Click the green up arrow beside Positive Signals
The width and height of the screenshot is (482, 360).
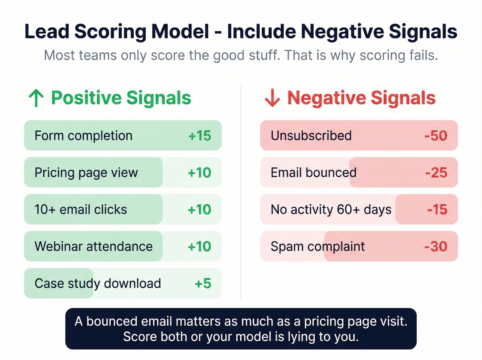36,98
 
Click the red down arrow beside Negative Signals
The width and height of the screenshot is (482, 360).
272,98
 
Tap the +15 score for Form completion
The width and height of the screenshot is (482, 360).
200,136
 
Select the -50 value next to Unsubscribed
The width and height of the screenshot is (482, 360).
436,136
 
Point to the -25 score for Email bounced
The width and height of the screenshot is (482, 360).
436,173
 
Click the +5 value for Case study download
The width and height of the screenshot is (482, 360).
203,284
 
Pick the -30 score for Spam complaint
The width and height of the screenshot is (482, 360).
436,247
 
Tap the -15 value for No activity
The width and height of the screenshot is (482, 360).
437,209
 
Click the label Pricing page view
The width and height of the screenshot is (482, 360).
86,173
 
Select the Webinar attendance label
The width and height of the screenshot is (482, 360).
93,247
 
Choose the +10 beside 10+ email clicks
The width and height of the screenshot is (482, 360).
199,209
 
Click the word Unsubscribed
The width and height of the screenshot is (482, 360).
311,136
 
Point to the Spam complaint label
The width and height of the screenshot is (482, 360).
317,247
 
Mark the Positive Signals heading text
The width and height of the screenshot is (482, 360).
121,98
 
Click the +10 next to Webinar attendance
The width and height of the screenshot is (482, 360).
199,247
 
